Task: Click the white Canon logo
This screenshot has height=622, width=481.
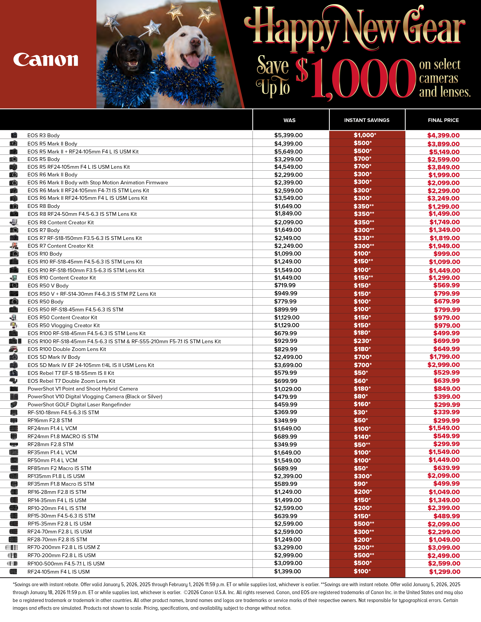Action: [46, 60]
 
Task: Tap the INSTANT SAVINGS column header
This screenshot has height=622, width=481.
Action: [367, 120]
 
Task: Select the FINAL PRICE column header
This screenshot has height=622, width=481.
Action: [443, 120]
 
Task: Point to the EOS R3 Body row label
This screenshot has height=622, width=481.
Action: [43, 135]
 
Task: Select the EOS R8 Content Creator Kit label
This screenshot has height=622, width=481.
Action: [60, 222]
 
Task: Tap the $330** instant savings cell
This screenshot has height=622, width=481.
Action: [364, 238]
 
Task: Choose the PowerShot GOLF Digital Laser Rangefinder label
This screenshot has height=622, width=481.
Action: [79, 404]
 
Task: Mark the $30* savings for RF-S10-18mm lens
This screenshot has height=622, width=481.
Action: [360, 412]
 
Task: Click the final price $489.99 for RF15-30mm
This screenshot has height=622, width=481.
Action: [446, 516]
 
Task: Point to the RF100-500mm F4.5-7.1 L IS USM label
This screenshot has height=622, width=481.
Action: [66, 564]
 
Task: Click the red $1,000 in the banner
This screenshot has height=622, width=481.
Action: [356, 78]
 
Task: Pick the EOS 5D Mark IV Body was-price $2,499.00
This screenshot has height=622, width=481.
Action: [288, 357]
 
